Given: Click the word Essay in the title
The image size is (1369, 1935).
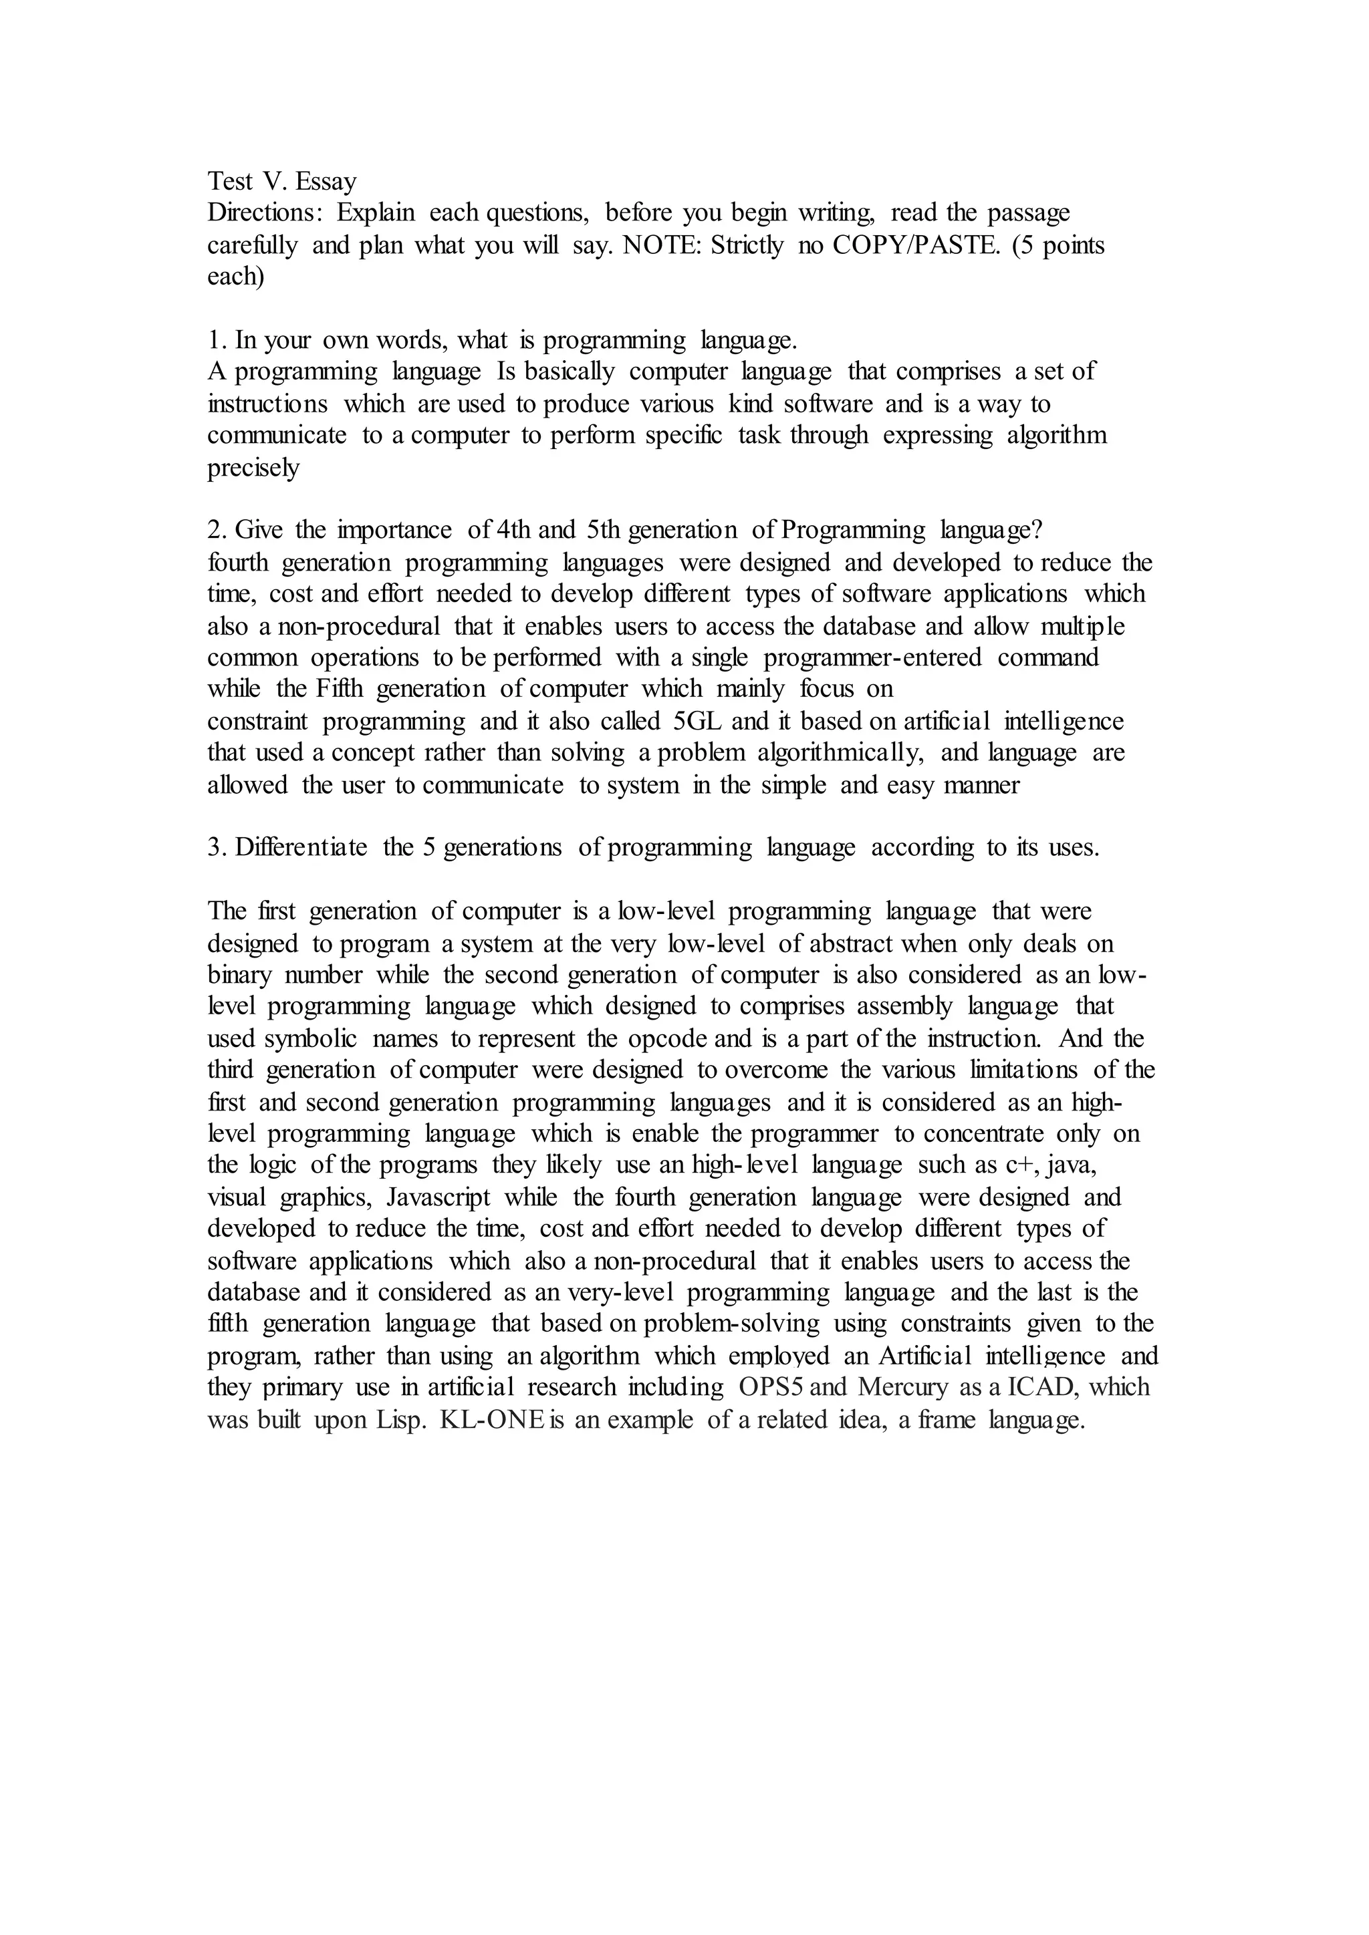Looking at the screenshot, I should pyautogui.click(x=326, y=182).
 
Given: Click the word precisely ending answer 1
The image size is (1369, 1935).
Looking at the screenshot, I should pyautogui.click(x=253, y=468).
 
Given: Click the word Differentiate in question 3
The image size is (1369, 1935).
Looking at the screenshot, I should pyautogui.click(x=301, y=848).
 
